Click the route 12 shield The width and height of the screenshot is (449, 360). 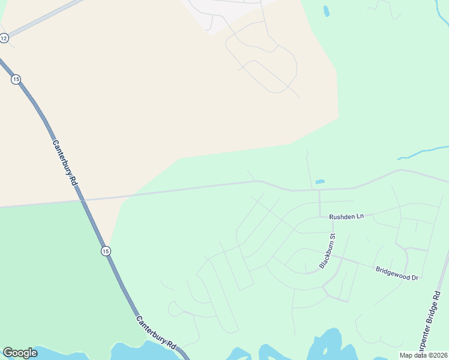click(4, 38)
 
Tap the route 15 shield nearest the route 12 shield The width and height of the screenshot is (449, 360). click(16, 79)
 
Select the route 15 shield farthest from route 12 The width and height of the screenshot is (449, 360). click(106, 250)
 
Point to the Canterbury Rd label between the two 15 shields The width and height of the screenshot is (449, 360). click(67, 163)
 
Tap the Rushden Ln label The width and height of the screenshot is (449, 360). click(346, 216)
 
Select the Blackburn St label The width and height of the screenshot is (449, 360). click(327, 251)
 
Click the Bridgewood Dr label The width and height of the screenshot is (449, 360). click(396, 273)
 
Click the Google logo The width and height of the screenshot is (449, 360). click(20, 353)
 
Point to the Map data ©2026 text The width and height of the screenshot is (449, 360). click(423, 355)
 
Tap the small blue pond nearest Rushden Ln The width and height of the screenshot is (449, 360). click(320, 181)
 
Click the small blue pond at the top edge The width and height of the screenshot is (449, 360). click(326, 10)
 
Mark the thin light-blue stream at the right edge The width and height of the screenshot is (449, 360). click(423, 152)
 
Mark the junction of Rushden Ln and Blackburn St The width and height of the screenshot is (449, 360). click(331, 217)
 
